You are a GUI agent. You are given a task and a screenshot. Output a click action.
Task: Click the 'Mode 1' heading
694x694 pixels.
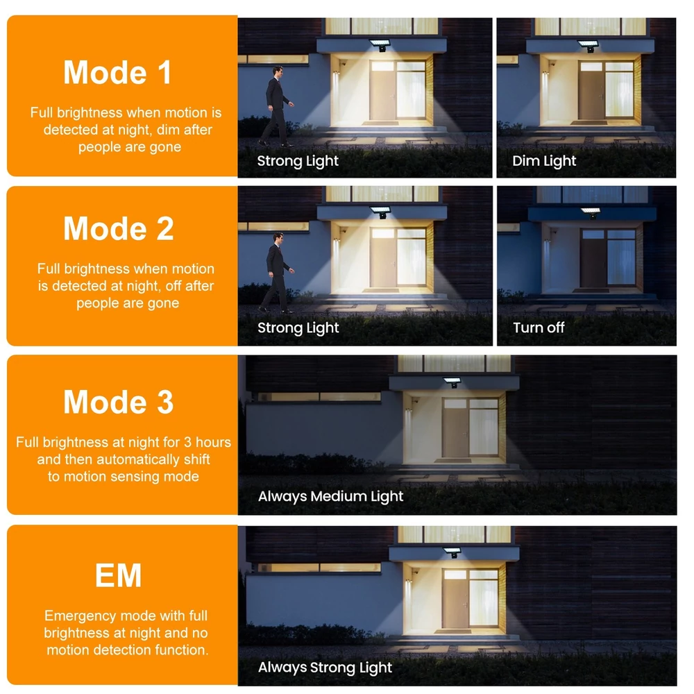point(117,72)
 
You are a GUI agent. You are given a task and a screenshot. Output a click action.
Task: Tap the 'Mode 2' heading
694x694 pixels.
point(118,228)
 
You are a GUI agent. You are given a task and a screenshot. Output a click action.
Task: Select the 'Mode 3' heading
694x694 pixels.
point(118,402)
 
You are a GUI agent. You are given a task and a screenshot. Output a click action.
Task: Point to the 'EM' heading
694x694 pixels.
point(118,575)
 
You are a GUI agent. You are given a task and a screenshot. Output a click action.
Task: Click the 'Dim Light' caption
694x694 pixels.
point(544,161)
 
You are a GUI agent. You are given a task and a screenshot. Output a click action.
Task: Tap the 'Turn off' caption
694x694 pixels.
point(539,328)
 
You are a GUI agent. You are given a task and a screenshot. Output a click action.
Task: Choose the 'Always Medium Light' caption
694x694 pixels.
point(330,497)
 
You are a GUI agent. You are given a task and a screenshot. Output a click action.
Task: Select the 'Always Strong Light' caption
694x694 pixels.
point(325,668)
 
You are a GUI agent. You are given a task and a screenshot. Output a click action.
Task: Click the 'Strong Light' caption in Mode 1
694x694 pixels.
point(298,161)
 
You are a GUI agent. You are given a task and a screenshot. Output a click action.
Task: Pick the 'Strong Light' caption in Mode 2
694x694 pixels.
point(298,328)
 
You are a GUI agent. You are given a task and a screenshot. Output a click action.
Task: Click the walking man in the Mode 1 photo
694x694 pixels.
point(276,106)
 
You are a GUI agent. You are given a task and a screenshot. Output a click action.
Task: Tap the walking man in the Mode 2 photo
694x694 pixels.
point(276,273)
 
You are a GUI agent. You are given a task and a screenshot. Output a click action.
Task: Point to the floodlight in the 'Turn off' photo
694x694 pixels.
point(591,212)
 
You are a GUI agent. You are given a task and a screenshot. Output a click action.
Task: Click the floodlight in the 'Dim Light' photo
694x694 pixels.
point(589,46)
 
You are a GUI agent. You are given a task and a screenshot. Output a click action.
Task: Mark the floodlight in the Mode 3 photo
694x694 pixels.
point(452,382)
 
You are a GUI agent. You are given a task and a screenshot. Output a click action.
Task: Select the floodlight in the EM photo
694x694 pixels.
point(452,552)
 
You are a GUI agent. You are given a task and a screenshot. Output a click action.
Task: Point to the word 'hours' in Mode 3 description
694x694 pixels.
point(213,442)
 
